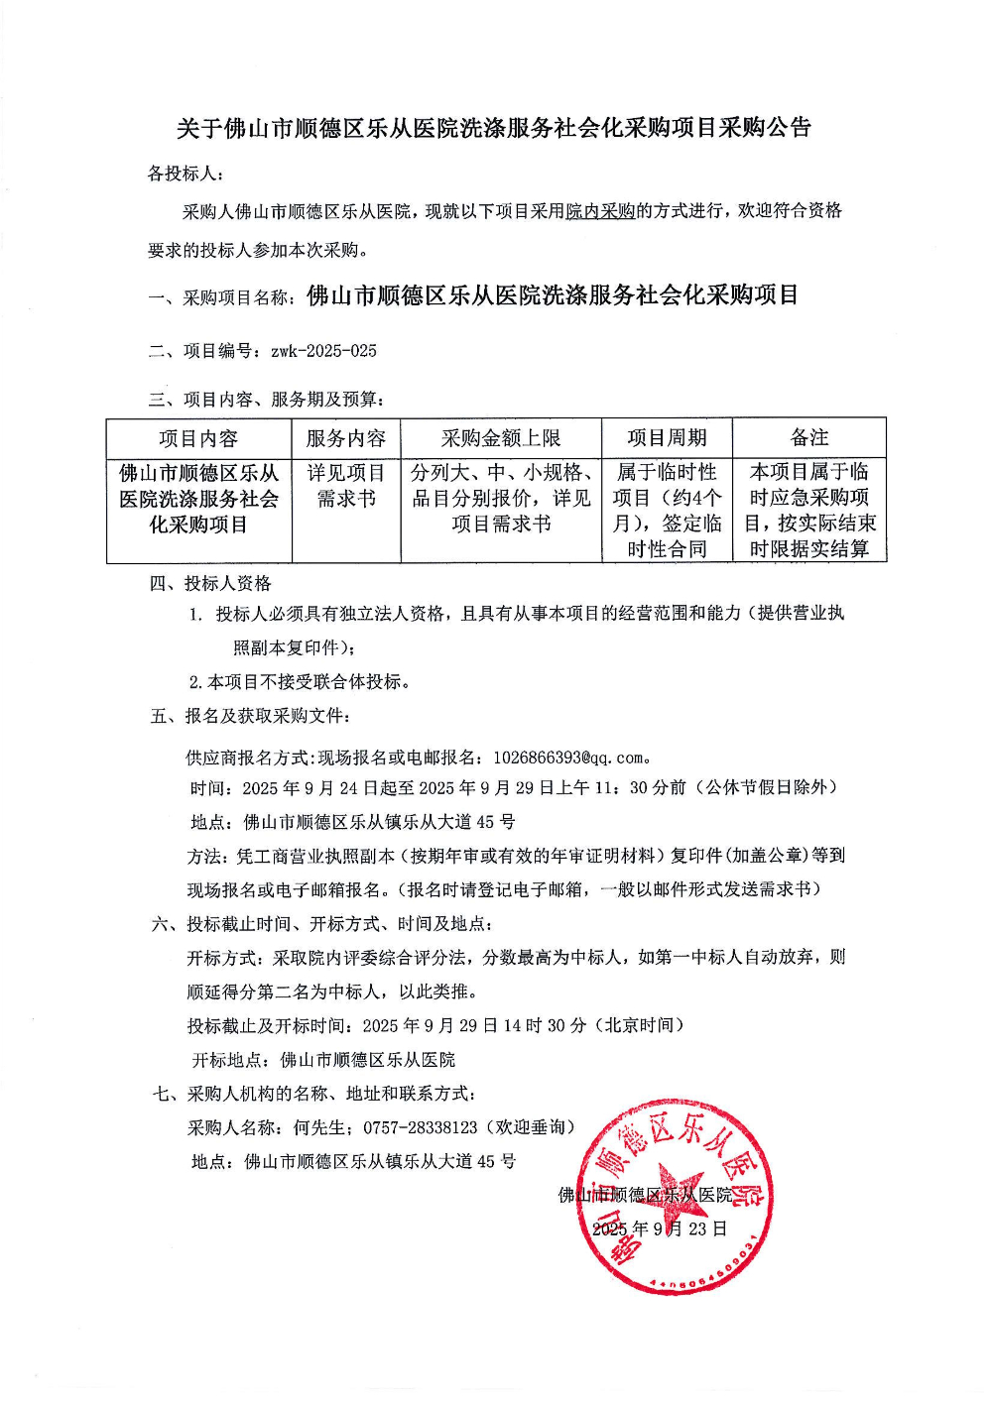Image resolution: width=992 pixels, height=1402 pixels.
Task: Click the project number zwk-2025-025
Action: tap(323, 351)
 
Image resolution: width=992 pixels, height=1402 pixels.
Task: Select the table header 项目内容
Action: tap(198, 438)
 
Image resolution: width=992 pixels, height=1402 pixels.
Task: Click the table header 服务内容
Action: tap(345, 438)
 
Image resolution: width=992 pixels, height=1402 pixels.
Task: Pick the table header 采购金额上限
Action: tap(501, 438)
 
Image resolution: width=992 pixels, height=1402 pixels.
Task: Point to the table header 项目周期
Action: tap(667, 438)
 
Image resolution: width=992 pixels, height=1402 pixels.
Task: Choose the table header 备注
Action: tap(809, 438)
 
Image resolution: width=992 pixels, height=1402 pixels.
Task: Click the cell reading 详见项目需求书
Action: tap(345, 486)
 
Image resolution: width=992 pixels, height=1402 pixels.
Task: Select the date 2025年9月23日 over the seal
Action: tap(660, 1228)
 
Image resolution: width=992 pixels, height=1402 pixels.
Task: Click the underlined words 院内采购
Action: tap(600, 211)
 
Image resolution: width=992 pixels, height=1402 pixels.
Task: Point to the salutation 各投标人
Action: tap(185, 174)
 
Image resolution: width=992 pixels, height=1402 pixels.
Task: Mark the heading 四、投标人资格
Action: tap(210, 583)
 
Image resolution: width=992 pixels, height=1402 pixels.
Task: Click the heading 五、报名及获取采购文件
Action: tap(250, 716)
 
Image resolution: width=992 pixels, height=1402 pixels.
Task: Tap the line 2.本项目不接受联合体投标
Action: tap(300, 681)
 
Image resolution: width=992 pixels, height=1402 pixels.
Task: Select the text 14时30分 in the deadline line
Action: tap(545, 1025)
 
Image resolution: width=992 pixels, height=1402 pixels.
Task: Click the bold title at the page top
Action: tap(494, 128)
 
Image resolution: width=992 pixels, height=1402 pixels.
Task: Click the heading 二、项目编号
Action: tap(205, 351)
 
